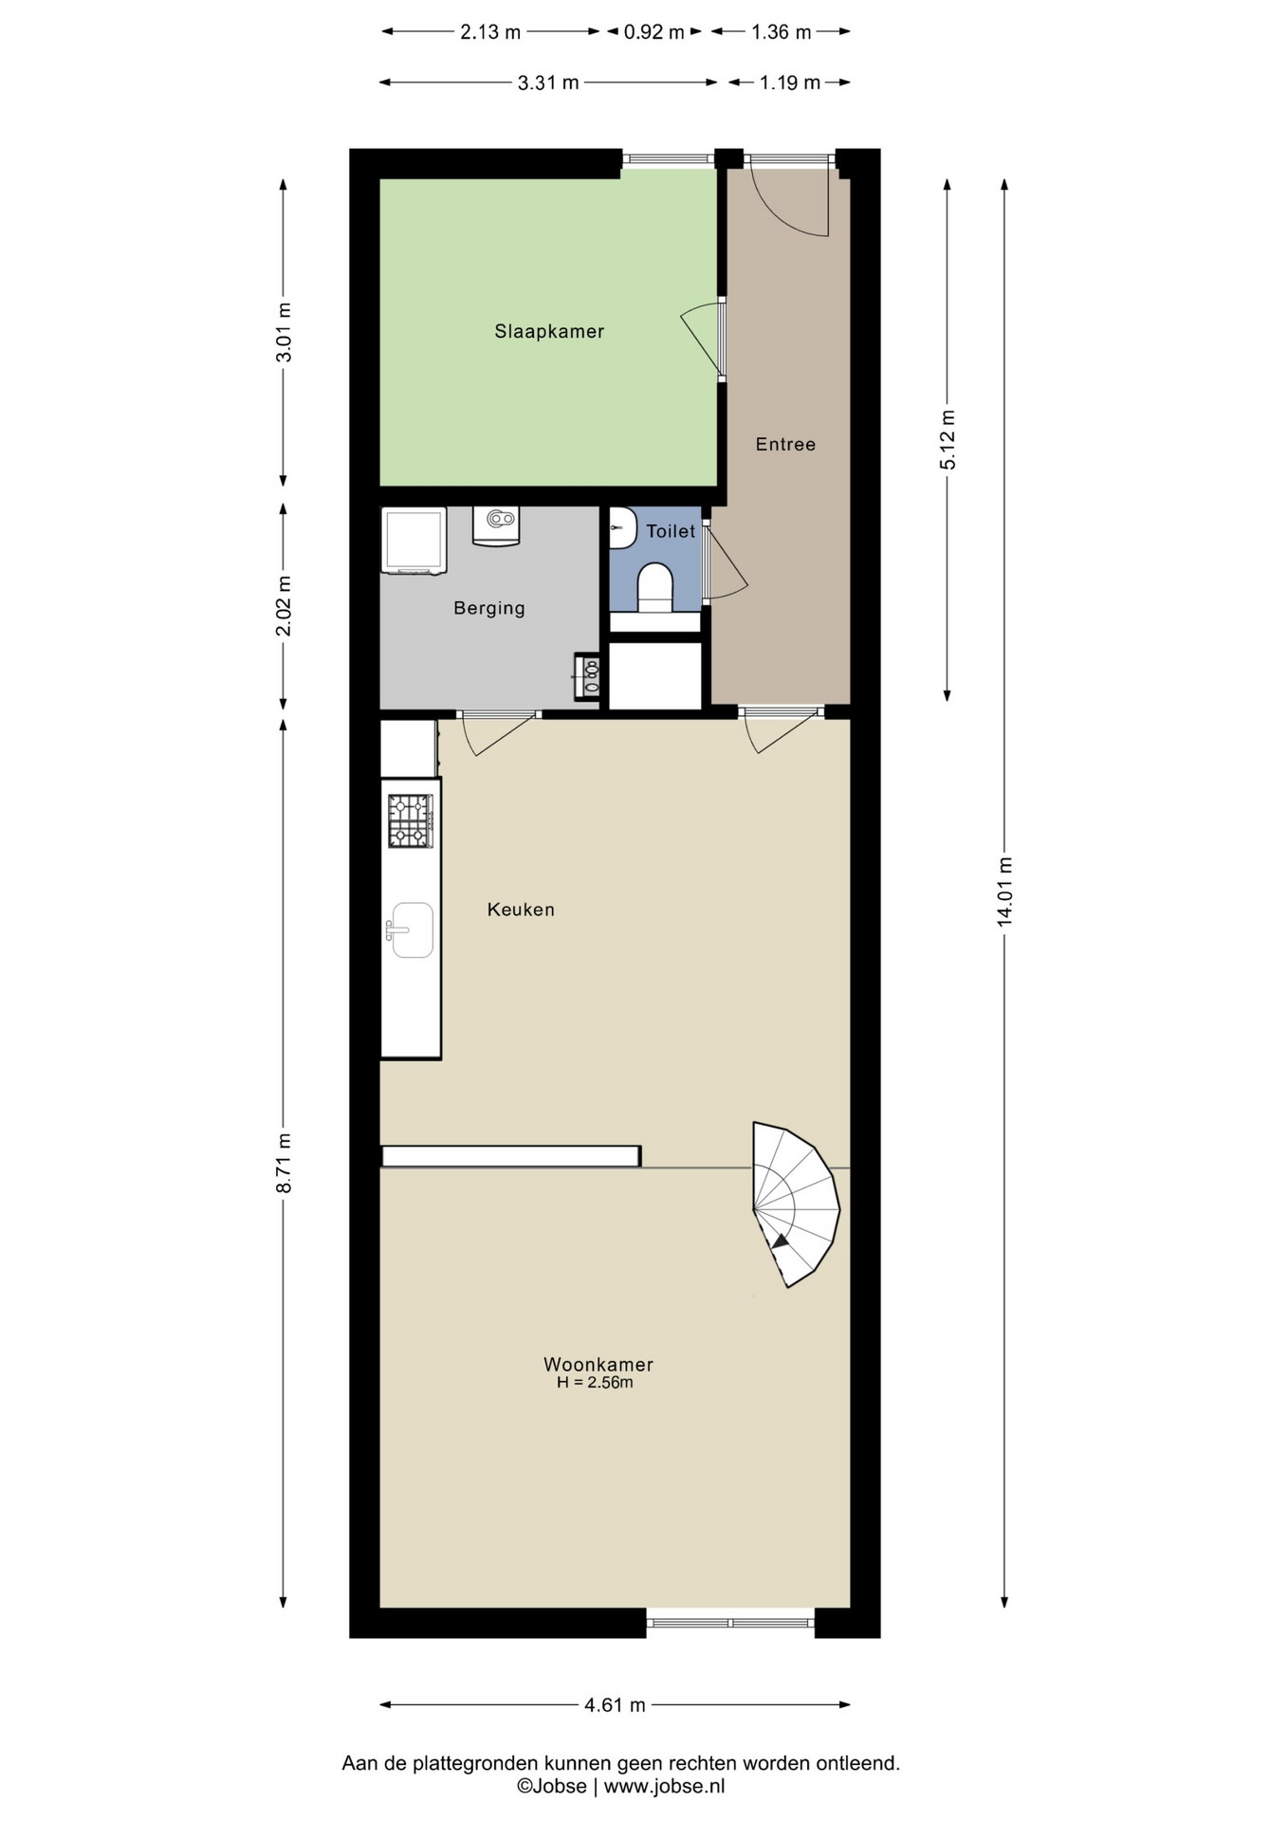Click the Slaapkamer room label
point(549,331)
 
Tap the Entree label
point(785,444)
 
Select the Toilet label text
point(671,531)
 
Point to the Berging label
point(489,608)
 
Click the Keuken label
point(521,910)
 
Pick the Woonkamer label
point(598,1364)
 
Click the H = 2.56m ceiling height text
point(595,1383)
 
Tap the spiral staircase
point(796,1205)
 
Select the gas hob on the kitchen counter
point(411,820)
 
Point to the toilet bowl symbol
point(654,587)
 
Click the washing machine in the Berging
point(414,541)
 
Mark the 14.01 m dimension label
point(1004,892)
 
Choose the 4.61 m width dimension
point(615,1705)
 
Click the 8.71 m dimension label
point(283,1163)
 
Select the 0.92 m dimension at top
point(653,32)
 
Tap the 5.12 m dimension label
point(948,439)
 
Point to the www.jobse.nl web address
point(664,1786)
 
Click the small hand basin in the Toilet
point(622,528)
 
